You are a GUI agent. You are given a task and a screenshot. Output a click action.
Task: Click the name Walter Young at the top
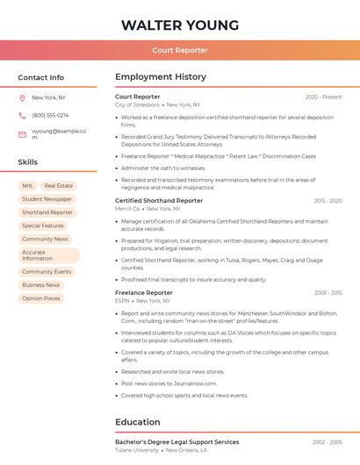tap(180, 25)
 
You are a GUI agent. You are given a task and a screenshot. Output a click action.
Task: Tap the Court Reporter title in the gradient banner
tap(180, 50)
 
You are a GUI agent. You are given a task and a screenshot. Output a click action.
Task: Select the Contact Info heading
tap(41, 77)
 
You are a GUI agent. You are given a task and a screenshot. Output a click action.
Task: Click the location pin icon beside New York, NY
tap(22, 97)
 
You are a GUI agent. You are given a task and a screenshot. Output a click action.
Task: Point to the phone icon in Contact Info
tap(22, 115)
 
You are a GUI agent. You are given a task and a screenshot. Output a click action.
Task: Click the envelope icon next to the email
tap(22, 135)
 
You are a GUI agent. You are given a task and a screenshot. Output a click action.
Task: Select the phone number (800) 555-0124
tap(50, 115)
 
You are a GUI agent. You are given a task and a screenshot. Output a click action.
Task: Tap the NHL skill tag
tap(27, 186)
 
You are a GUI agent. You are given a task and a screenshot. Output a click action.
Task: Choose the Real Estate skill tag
tap(59, 186)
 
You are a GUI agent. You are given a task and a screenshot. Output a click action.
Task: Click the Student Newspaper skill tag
tap(47, 199)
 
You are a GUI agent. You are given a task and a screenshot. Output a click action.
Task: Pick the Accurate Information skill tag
tap(48, 255)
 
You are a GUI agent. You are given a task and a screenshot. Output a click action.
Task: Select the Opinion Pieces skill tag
tap(41, 298)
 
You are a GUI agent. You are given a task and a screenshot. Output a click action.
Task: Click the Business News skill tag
tap(41, 285)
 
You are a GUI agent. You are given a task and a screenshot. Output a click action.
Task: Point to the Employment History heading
tap(161, 77)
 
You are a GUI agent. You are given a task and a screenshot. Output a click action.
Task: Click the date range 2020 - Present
tap(323, 97)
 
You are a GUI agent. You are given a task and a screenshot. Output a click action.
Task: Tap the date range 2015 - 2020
tap(328, 201)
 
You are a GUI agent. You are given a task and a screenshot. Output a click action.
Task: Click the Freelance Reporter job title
tap(144, 292)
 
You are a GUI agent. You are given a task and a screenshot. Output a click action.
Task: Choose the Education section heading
tap(138, 422)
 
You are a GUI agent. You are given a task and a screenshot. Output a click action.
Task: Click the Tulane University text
tap(137, 450)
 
